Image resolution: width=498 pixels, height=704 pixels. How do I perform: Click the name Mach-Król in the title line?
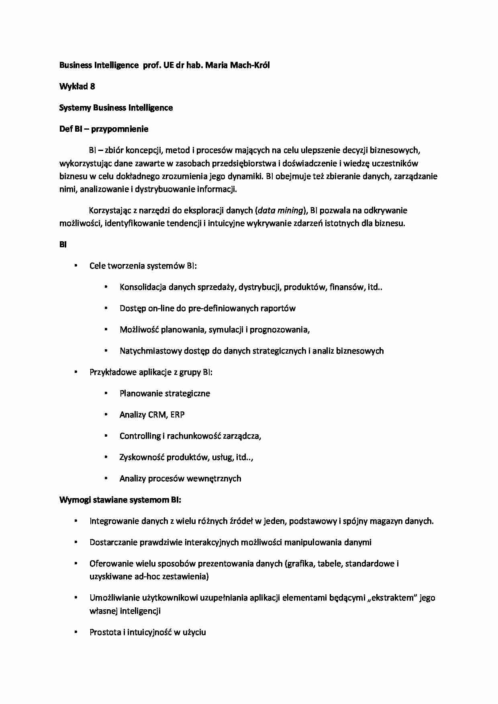[x=250, y=65]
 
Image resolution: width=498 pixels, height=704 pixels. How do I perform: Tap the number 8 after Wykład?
[x=92, y=86]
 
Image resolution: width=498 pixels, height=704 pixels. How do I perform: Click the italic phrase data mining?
[x=280, y=210]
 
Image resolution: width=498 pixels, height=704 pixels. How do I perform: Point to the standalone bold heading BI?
[x=63, y=244]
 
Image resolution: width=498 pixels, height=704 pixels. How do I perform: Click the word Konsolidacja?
[x=143, y=287]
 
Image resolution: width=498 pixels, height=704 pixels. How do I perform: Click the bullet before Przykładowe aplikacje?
[x=76, y=372]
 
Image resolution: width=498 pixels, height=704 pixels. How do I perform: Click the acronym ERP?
[x=178, y=415]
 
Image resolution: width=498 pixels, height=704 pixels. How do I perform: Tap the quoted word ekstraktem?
[x=392, y=598]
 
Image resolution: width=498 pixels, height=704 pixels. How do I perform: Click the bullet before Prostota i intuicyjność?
[x=76, y=632]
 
